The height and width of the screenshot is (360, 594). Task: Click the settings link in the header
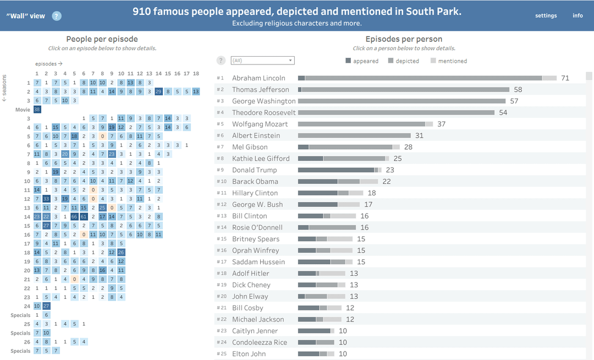(x=546, y=15)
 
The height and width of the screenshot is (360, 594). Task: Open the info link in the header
(x=577, y=15)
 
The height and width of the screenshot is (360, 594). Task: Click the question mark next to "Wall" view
(x=57, y=16)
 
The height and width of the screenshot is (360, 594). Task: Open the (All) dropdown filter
(x=262, y=61)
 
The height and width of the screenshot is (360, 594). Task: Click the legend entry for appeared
(x=362, y=61)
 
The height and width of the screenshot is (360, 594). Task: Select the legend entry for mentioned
(x=449, y=61)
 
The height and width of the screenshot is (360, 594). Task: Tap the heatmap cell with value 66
(x=74, y=217)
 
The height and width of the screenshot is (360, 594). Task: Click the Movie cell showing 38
(x=37, y=110)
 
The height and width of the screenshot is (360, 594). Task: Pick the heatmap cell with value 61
(x=84, y=217)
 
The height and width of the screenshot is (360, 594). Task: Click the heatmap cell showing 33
(x=46, y=199)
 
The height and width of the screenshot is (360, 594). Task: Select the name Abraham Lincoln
(x=258, y=78)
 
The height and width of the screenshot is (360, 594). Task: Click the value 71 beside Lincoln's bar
(x=565, y=78)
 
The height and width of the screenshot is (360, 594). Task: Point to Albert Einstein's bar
(x=354, y=135)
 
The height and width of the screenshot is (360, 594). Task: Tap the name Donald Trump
(x=255, y=170)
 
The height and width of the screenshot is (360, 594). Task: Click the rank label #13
(x=222, y=216)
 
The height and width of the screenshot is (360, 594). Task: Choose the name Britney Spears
(x=256, y=239)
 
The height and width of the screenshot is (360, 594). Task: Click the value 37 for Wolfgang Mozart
(x=441, y=124)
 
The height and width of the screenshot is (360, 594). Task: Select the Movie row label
(x=23, y=110)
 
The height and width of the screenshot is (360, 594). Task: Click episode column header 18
(x=196, y=74)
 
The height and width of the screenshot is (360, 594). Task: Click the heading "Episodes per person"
(x=404, y=39)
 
